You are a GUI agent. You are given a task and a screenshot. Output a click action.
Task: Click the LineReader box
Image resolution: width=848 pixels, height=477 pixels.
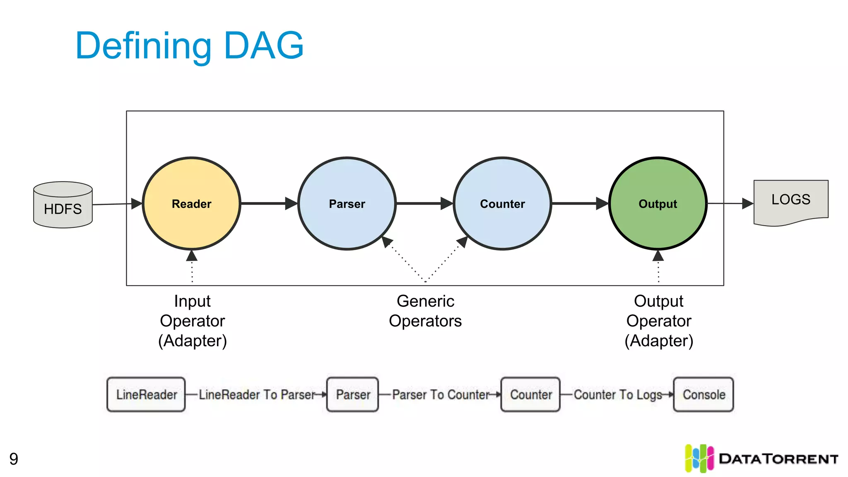[x=146, y=394]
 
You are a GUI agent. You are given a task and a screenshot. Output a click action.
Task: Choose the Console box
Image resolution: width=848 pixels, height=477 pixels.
[x=703, y=394]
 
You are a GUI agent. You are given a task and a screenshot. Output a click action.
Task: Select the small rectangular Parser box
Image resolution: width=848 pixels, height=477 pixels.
[x=353, y=394]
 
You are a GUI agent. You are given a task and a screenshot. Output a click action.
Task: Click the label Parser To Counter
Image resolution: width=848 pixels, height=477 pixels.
[x=441, y=394]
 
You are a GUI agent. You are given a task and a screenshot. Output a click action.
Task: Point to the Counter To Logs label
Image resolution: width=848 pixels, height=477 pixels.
[x=618, y=394]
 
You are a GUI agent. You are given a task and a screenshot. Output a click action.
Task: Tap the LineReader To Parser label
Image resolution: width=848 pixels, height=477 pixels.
[x=257, y=394]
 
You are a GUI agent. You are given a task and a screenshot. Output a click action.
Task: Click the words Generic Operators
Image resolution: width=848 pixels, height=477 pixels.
[x=425, y=311]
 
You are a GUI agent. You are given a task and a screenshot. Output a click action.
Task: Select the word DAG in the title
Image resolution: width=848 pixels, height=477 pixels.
[x=264, y=46]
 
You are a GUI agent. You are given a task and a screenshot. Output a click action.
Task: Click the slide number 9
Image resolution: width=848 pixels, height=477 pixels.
[x=14, y=459]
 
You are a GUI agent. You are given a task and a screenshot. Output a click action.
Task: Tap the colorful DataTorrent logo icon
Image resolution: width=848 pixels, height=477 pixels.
[x=699, y=458]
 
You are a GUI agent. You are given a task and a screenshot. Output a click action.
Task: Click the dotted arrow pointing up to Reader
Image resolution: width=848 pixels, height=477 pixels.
[x=192, y=267]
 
